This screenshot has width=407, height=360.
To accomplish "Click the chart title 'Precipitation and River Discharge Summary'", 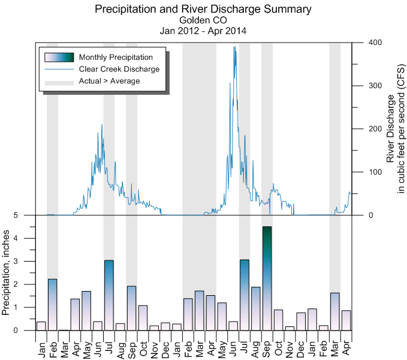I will (203, 9).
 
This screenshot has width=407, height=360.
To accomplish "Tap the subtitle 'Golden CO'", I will (203, 20).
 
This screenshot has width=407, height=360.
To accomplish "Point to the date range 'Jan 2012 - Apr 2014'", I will (203, 30).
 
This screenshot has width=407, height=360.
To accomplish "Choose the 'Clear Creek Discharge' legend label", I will (119, 69).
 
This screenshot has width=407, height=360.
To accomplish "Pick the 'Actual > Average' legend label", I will (108, 81).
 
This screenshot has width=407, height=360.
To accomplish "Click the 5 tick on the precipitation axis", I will (24, 215).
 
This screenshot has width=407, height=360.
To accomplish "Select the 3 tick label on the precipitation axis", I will (24, 262).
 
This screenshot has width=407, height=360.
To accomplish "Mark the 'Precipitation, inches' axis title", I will (7, 273).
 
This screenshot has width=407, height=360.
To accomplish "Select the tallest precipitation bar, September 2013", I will (267, 278).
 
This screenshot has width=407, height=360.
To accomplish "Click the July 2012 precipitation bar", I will (109, 295).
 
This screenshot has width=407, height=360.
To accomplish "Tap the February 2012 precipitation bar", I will (53, 305).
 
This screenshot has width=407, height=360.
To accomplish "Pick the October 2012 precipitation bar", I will (143, 318).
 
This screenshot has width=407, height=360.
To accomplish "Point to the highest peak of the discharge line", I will (234, 47).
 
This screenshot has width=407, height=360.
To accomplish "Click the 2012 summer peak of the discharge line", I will (102, 125).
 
